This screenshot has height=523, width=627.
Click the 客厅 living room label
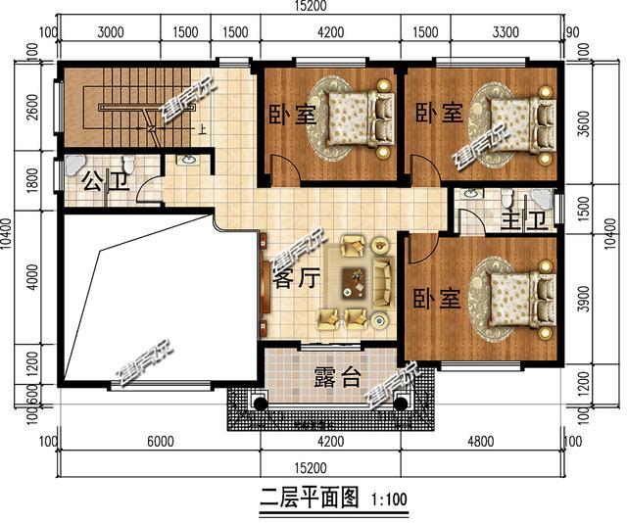click(296, 279)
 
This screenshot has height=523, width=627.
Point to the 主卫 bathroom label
click(521, 219)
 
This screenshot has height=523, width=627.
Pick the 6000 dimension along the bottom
click(161, 441)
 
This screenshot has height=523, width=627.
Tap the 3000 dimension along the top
click(112, 31)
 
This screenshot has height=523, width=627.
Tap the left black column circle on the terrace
click(261, 403)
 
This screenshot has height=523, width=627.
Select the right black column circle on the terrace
click(400, 403)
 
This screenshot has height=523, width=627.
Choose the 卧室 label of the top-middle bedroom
click(292, 114)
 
